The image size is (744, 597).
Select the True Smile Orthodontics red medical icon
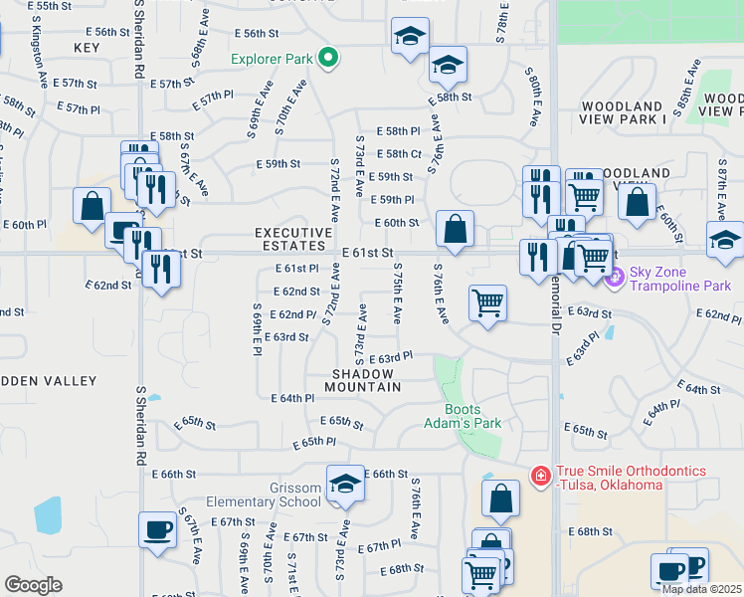[540, 477]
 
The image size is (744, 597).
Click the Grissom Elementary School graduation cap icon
[345, 483]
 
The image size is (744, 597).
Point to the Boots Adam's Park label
[472, 416]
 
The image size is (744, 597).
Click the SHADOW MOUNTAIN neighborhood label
[366, 379]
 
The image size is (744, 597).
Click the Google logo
[33, 585]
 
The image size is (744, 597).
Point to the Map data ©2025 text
[700, 589]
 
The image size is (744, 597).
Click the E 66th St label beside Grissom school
[388, 474]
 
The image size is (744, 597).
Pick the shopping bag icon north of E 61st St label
[455, 229]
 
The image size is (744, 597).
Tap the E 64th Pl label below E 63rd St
[292, 398]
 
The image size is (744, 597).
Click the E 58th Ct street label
[404, 153]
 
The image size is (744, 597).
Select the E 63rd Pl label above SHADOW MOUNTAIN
[390, 357]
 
